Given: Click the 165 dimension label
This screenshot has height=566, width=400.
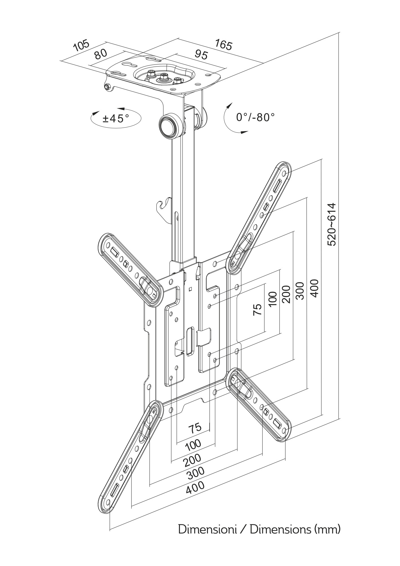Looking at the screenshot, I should point(223,45).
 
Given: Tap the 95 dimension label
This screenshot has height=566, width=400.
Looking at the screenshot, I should point(201,55).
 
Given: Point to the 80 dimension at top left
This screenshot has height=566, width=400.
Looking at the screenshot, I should point(101,54).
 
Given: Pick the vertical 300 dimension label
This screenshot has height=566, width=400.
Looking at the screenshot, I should point(300,291).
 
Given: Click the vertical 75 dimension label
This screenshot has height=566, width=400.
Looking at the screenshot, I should point(257,310).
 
